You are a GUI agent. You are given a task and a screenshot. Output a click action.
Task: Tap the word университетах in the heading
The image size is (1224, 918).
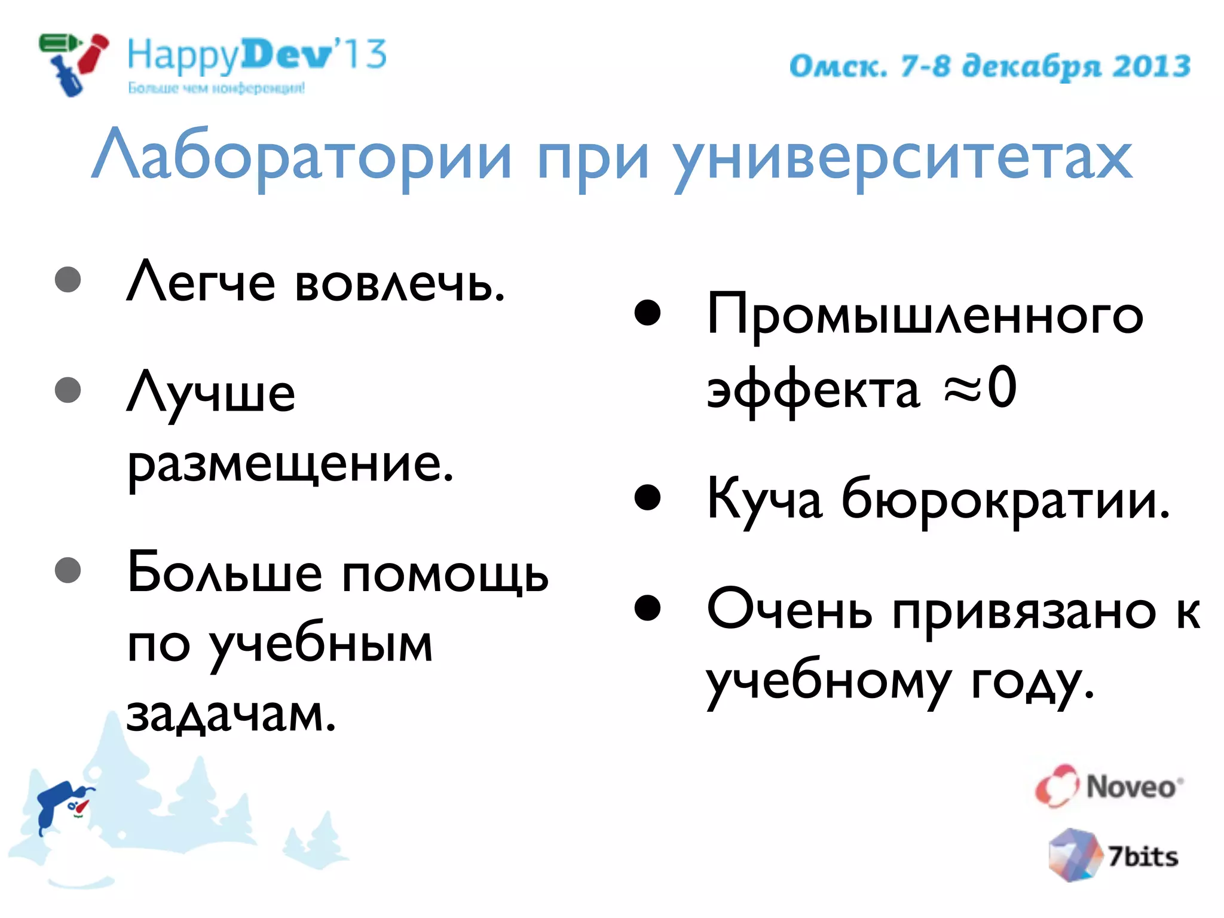(902, 158)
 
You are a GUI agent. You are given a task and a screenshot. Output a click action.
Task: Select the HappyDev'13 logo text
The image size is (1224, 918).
(257, 57)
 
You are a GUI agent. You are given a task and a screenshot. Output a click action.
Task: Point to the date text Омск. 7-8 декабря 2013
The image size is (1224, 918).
(990, 66)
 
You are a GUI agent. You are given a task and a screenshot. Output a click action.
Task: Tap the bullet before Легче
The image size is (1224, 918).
(68, 280)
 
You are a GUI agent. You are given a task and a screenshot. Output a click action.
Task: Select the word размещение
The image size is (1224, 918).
(290, 465)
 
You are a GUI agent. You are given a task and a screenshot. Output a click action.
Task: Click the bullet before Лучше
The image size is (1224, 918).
(68, 390)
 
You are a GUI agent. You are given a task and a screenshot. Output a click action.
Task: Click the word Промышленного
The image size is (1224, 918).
(924, 316)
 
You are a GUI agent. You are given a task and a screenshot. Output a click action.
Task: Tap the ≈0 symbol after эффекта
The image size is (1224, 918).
(980, 388)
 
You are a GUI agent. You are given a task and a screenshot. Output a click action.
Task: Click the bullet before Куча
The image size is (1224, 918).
(647, 497)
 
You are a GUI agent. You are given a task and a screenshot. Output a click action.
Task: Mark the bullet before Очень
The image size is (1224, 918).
(647, 608)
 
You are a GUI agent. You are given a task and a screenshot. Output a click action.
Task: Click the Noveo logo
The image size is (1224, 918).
(1109, 786)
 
